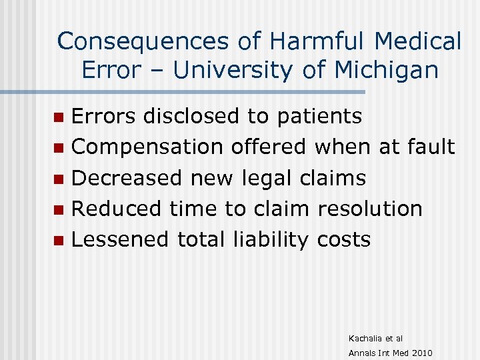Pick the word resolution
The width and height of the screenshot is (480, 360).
pyautogui.click(x=370, y=209)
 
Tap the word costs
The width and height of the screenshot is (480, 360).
pyautogui.click(x=344, y=239)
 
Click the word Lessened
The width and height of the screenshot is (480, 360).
pyautogui.click(x=120, y=239)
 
